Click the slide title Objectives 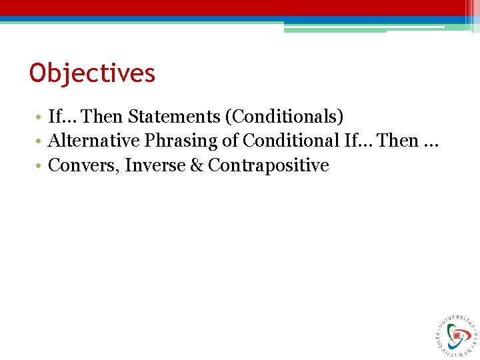tap(92, 73)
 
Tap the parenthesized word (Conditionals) tap(285, 117)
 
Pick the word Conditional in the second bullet tap(291, 141)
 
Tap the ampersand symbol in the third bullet tap(197, 165)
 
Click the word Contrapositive tap(269, 165)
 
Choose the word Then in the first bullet tap(103, 117)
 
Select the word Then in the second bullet tap(399, 141)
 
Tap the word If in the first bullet tap(55, 117)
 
